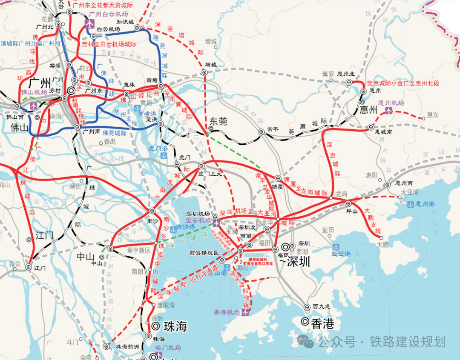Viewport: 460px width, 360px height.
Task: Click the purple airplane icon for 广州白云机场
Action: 89,23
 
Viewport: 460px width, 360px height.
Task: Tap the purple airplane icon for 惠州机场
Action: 389,111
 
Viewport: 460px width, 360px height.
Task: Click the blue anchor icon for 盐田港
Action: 336,246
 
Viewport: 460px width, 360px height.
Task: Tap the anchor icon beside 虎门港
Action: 163,156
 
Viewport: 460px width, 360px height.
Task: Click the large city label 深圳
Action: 298,261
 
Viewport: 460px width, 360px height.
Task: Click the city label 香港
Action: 322,323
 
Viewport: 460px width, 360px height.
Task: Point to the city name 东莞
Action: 218,121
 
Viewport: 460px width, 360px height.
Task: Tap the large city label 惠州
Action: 368,110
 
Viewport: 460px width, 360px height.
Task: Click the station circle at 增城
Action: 204,73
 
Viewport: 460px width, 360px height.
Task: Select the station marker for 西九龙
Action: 307,307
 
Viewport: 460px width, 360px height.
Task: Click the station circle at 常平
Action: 261,132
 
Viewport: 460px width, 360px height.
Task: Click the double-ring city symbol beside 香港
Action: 305,322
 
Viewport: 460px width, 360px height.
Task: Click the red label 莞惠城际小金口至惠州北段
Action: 403,83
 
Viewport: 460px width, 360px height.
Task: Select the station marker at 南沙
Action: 152,211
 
